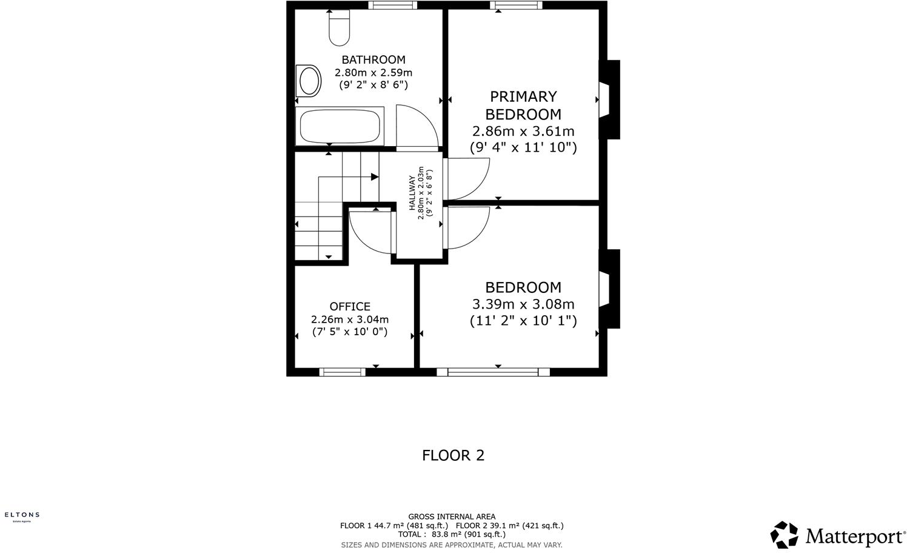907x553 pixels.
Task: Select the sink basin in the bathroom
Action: tap(309, 81)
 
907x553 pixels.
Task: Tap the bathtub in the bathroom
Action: tap(340, 127)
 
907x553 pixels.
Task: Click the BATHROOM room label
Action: tap(373, 59)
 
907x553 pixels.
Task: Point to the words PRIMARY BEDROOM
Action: tap(523, 105)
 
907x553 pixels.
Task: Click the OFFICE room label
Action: tap(350, 306)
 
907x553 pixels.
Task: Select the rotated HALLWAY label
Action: tap(412, 192)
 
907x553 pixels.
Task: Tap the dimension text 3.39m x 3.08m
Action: tap(523, 304)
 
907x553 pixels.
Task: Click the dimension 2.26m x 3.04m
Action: tap(350, 319)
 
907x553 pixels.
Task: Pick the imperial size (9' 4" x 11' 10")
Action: tap(523, 147)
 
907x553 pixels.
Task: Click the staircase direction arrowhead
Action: tap(375, 176)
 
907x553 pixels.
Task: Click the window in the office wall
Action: tap(343, 372)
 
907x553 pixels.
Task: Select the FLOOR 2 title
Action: tap(453, 455)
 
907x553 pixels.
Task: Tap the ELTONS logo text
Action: tap(22, 514)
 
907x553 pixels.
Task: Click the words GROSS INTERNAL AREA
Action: tap(452, 517)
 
